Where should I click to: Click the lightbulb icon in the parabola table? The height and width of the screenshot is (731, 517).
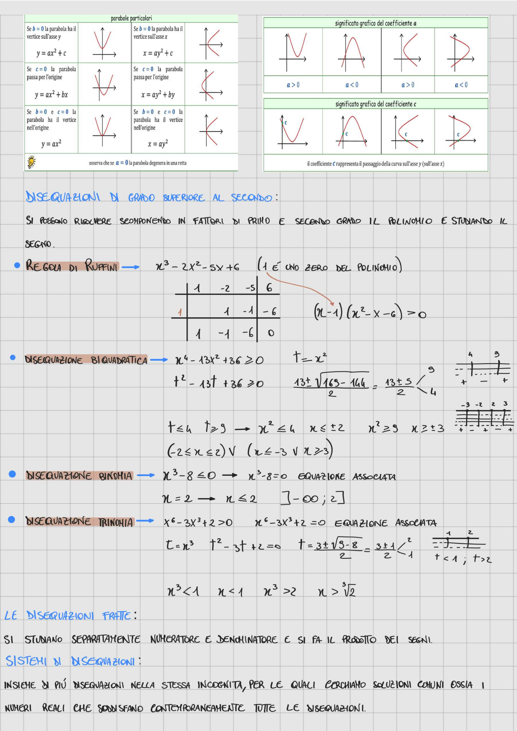coord(32,162)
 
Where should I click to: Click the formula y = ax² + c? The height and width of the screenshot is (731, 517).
coord(51,53)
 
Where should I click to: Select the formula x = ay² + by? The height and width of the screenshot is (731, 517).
coord(158,95)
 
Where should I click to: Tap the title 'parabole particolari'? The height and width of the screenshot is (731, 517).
coord(131,18)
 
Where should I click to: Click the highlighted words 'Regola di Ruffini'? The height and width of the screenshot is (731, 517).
coord(72,266)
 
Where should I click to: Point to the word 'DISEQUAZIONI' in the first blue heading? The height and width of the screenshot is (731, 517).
coord(63,197)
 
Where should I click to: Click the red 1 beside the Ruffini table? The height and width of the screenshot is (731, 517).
coord(180,312)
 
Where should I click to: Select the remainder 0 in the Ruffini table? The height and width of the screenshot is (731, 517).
coord(271,333)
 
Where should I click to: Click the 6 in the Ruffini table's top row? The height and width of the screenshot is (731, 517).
coord(269,288)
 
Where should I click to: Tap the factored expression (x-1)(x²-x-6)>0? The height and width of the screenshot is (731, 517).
coord(370,313)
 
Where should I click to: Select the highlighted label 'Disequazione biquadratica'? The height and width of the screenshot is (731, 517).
coord(86,360)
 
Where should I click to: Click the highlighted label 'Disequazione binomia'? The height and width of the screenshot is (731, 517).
coord(79,476)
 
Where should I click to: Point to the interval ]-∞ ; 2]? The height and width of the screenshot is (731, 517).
coord(313,498)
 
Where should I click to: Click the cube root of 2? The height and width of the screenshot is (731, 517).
coord(349,590)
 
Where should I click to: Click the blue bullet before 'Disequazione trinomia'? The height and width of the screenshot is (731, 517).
coord(11,519)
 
